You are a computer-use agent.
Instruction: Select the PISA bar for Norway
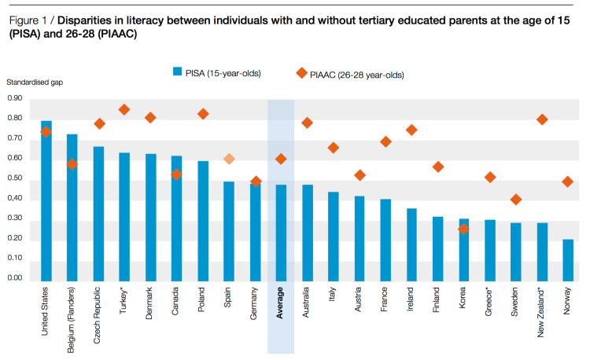[568, 260]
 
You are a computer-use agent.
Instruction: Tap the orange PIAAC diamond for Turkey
[124, 109]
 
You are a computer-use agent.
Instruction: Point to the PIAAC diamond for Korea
[463, 229]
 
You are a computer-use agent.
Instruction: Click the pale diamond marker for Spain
[229, 159]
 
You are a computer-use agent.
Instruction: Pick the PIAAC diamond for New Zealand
[541, 119]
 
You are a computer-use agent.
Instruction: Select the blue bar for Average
[281, 233]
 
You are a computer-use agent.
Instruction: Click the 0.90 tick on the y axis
[15, 98]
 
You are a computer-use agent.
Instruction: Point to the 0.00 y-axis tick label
[15, 278]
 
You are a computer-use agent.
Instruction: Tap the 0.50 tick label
[15, 178]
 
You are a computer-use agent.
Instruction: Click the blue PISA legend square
[177, 72]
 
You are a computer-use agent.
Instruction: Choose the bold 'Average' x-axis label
[281, 303]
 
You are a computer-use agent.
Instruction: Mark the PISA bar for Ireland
[411, 244]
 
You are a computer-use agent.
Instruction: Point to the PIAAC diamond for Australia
[307, 123]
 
